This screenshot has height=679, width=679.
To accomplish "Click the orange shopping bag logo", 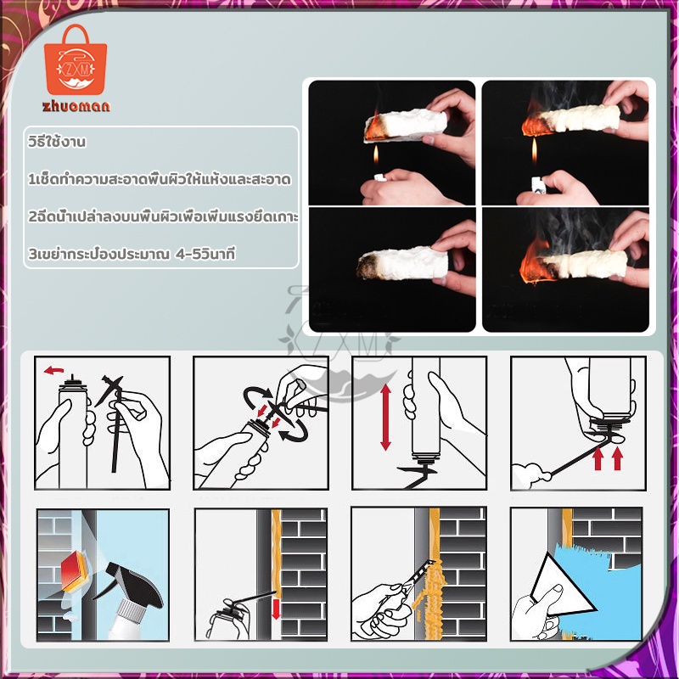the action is pyautogui.click(x=76, y=60).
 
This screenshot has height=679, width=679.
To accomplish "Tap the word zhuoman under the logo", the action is pyautogui.click(x=76, y=106).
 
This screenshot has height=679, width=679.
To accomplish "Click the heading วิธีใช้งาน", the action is pyautogui.click(x=57, y=142).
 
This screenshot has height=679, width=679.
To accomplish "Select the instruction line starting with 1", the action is pyautogui.click(x=159, y=179).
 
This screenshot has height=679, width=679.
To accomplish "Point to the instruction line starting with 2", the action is pyautogui.click(x=163, y=216).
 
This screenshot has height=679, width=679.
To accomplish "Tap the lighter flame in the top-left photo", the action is pyautogui.click(x=376, y=154).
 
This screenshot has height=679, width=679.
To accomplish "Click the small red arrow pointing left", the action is pyautogui.click(x=53, y=371).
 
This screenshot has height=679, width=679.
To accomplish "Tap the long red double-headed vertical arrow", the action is pyautogui.click(x=385, y=417).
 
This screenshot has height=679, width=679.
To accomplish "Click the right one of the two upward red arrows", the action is pyautogui.click(x=618, y=458).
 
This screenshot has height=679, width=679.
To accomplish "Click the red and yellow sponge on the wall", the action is pyautogui.click(x=76, y=571).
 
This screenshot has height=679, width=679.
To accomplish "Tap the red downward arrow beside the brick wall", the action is pyautogui.click(x=276, y=609).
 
